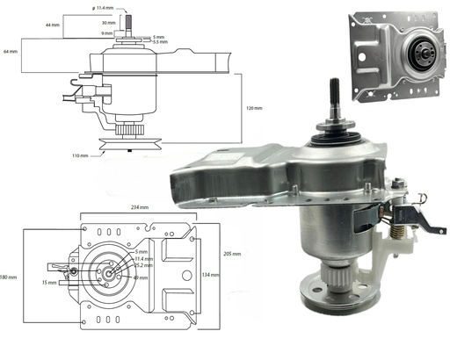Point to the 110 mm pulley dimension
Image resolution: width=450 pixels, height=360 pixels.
coord(78,155)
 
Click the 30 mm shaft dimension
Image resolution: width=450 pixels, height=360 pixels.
coord(108,22)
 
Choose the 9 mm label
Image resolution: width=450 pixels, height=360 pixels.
coord(106,32)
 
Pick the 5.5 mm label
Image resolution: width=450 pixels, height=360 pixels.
coord(159,41)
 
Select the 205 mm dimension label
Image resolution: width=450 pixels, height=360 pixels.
coord(231,253)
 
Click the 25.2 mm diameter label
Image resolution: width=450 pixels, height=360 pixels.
coord(145,267)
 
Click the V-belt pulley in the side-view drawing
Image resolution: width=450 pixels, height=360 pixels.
coord(121,143)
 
